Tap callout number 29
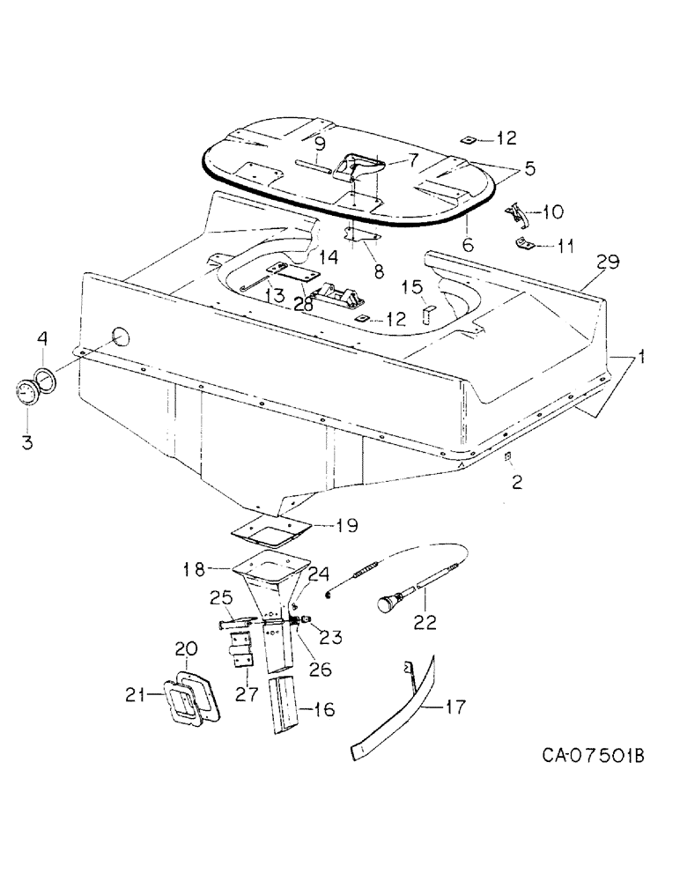click(607, 262)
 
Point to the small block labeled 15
click(427, 315)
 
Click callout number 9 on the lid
click(319, 143)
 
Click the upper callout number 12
click(506, 138)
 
